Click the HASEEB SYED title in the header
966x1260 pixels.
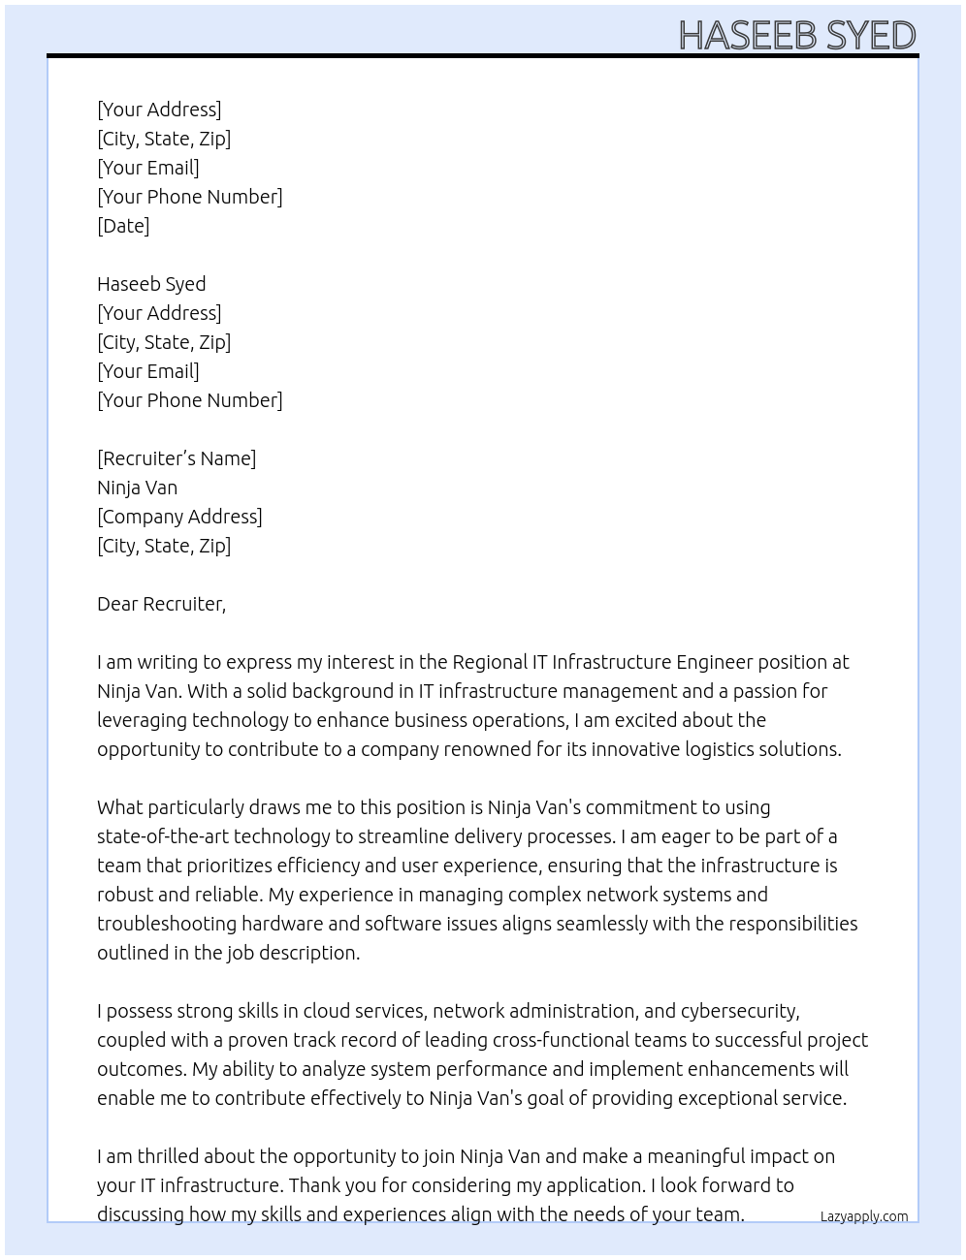pos(796,36)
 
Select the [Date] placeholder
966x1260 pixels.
pos(123,226)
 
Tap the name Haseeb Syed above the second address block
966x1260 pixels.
pos(151,284)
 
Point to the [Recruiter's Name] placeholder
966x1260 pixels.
pos(177,458)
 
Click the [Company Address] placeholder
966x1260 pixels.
pos(179,517)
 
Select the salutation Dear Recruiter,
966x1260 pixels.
pos(161,604)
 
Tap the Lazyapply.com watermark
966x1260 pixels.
pos(863,1216)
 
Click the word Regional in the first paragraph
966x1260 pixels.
pos(490,662)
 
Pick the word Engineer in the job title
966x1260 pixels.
pos(714,662)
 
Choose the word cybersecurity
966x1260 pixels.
pos(739,1011)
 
